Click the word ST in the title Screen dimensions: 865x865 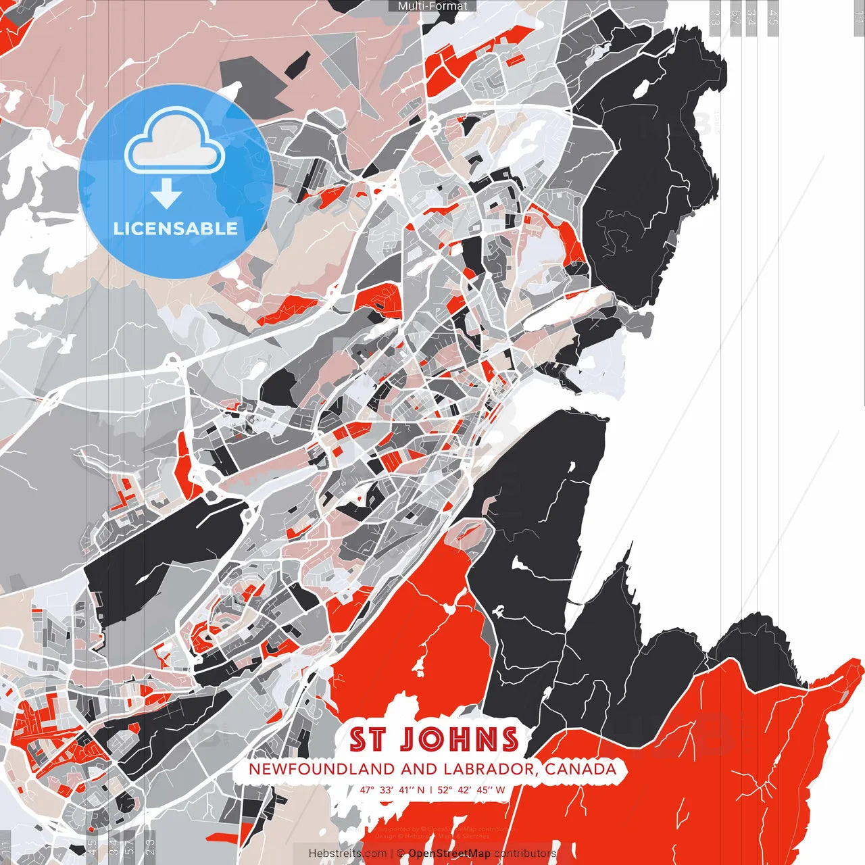click(368, 740)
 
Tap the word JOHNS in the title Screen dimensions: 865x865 click(460, 740)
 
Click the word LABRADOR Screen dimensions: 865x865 click(490, 769)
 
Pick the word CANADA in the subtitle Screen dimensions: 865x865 click(580, 769)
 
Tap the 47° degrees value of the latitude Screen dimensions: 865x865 click(367, 789)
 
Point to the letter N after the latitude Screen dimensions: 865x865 click(421, 789)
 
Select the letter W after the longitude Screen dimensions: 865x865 click(500, 789)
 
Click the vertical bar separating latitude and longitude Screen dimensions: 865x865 click(430, 789)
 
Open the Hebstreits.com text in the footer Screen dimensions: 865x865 click(347, 854)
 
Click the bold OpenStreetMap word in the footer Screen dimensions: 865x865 click(449, 854)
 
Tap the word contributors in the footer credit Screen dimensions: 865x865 click(525, 854)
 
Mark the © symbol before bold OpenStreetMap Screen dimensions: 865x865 click(401, 854)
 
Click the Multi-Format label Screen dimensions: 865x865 click(432, 6)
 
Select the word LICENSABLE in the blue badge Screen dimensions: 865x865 click(176, 228)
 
